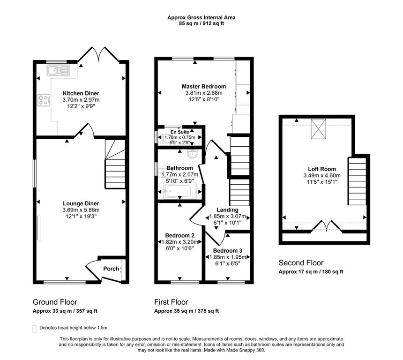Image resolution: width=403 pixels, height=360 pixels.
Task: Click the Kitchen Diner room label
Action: pyautogui.click(x=81, y=93)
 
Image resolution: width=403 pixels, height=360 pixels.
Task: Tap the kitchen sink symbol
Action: pyautogui.click(x=59, y=70)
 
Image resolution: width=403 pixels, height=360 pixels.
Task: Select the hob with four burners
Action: pyautogui.click(x=44, y=100)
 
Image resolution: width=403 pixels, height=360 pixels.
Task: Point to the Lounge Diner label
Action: pyautogui.click(x=81, y=203)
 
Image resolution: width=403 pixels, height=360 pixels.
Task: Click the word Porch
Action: pyautogui.click(x=111, y=269)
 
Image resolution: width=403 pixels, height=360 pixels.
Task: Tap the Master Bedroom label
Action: pyautogui.click(x=204, y=86)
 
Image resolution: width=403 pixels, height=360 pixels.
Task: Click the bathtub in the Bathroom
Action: pyautogui.click(x=179, y=190)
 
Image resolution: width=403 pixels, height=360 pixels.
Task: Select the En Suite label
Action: pyautogui.click(x=179, y=132)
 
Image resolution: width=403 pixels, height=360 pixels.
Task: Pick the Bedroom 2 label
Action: pyautogui.click(x=179, y=235)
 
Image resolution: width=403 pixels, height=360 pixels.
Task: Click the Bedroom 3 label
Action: pyautogui.click(x=228, y=251)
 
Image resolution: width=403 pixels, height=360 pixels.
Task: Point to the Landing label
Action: pyautogui.click(x=227, y=210)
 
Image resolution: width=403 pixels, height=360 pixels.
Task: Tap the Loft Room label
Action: pyautogui.click(x=322, y=169)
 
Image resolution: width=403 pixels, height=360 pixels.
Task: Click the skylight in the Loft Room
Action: pyautogui.click(x=319, y=129)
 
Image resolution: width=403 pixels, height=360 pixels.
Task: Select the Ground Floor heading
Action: pyautogui.click(x=55, y=302)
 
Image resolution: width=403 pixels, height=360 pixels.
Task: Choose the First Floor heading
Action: pyautogui.click(x=171, y=302)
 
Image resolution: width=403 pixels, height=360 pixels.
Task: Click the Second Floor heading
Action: pyautogui.click(x=301, y=263)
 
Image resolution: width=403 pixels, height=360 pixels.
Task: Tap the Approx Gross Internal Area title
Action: pyautogui.click(x=201, y=17)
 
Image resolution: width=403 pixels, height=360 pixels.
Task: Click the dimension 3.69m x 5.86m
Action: pyautogui.click(x=81, y=210)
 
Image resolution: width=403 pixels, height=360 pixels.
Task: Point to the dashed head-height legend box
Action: pyautogui.click(x=34, y=329)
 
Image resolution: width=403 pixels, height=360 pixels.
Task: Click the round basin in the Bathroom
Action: pyautogui.click(x=193, y=154)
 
